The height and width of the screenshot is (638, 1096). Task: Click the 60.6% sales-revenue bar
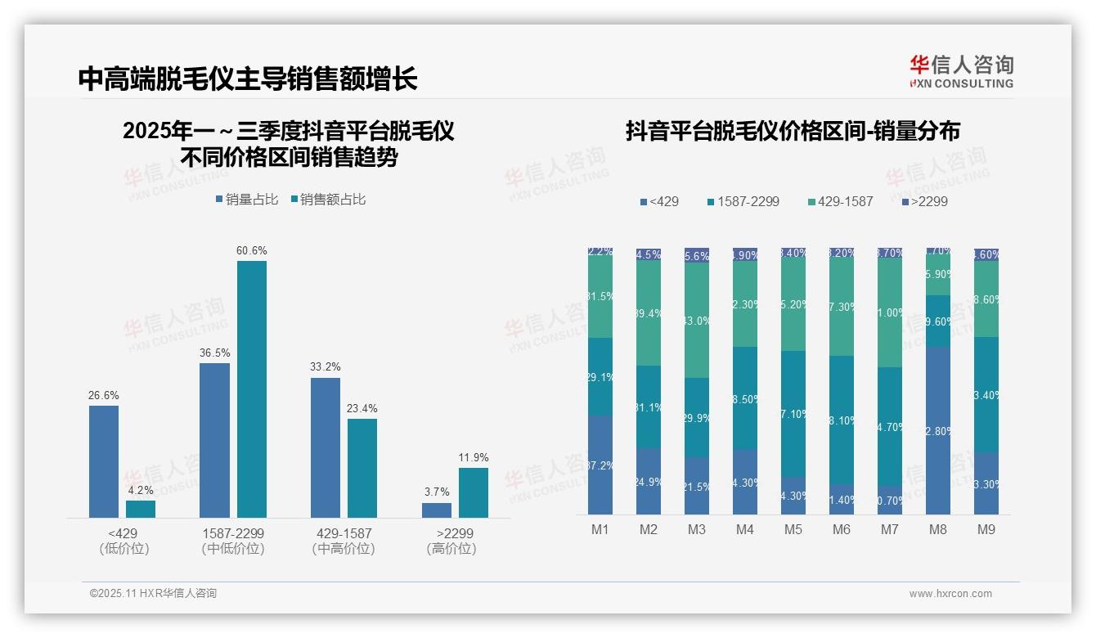(x=252, y=389)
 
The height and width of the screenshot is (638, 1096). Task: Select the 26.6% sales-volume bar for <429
(x=104, y=461)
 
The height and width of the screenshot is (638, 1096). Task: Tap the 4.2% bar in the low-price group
(x=141, y=509)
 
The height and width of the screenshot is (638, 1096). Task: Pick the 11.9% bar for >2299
(x=474, y=492)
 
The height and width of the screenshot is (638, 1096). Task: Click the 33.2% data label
(x=326, y=367)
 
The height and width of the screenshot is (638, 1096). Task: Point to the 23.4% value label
(x=362, y=408)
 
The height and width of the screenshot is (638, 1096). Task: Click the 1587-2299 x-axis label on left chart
(x=233, y=533)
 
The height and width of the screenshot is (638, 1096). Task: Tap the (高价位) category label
(x=451, y=549)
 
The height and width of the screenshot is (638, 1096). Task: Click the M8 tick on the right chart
(x=938, y=530)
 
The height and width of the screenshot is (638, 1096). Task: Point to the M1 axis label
(x=600, y=530)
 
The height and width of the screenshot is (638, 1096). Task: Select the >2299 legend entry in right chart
(x=924, y=201)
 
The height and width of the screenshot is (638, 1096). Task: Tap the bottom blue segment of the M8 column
(x=938, y=430)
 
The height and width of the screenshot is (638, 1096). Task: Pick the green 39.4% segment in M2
(x=649, y=312)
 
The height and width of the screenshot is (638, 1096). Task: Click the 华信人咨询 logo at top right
(x=961, y=71)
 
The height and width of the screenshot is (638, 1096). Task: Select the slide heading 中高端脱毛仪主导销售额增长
(x=248, y=79)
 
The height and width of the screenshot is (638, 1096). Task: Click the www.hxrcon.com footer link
(x=950, y=594)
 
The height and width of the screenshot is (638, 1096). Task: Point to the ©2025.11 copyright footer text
(x=153, y=594)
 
